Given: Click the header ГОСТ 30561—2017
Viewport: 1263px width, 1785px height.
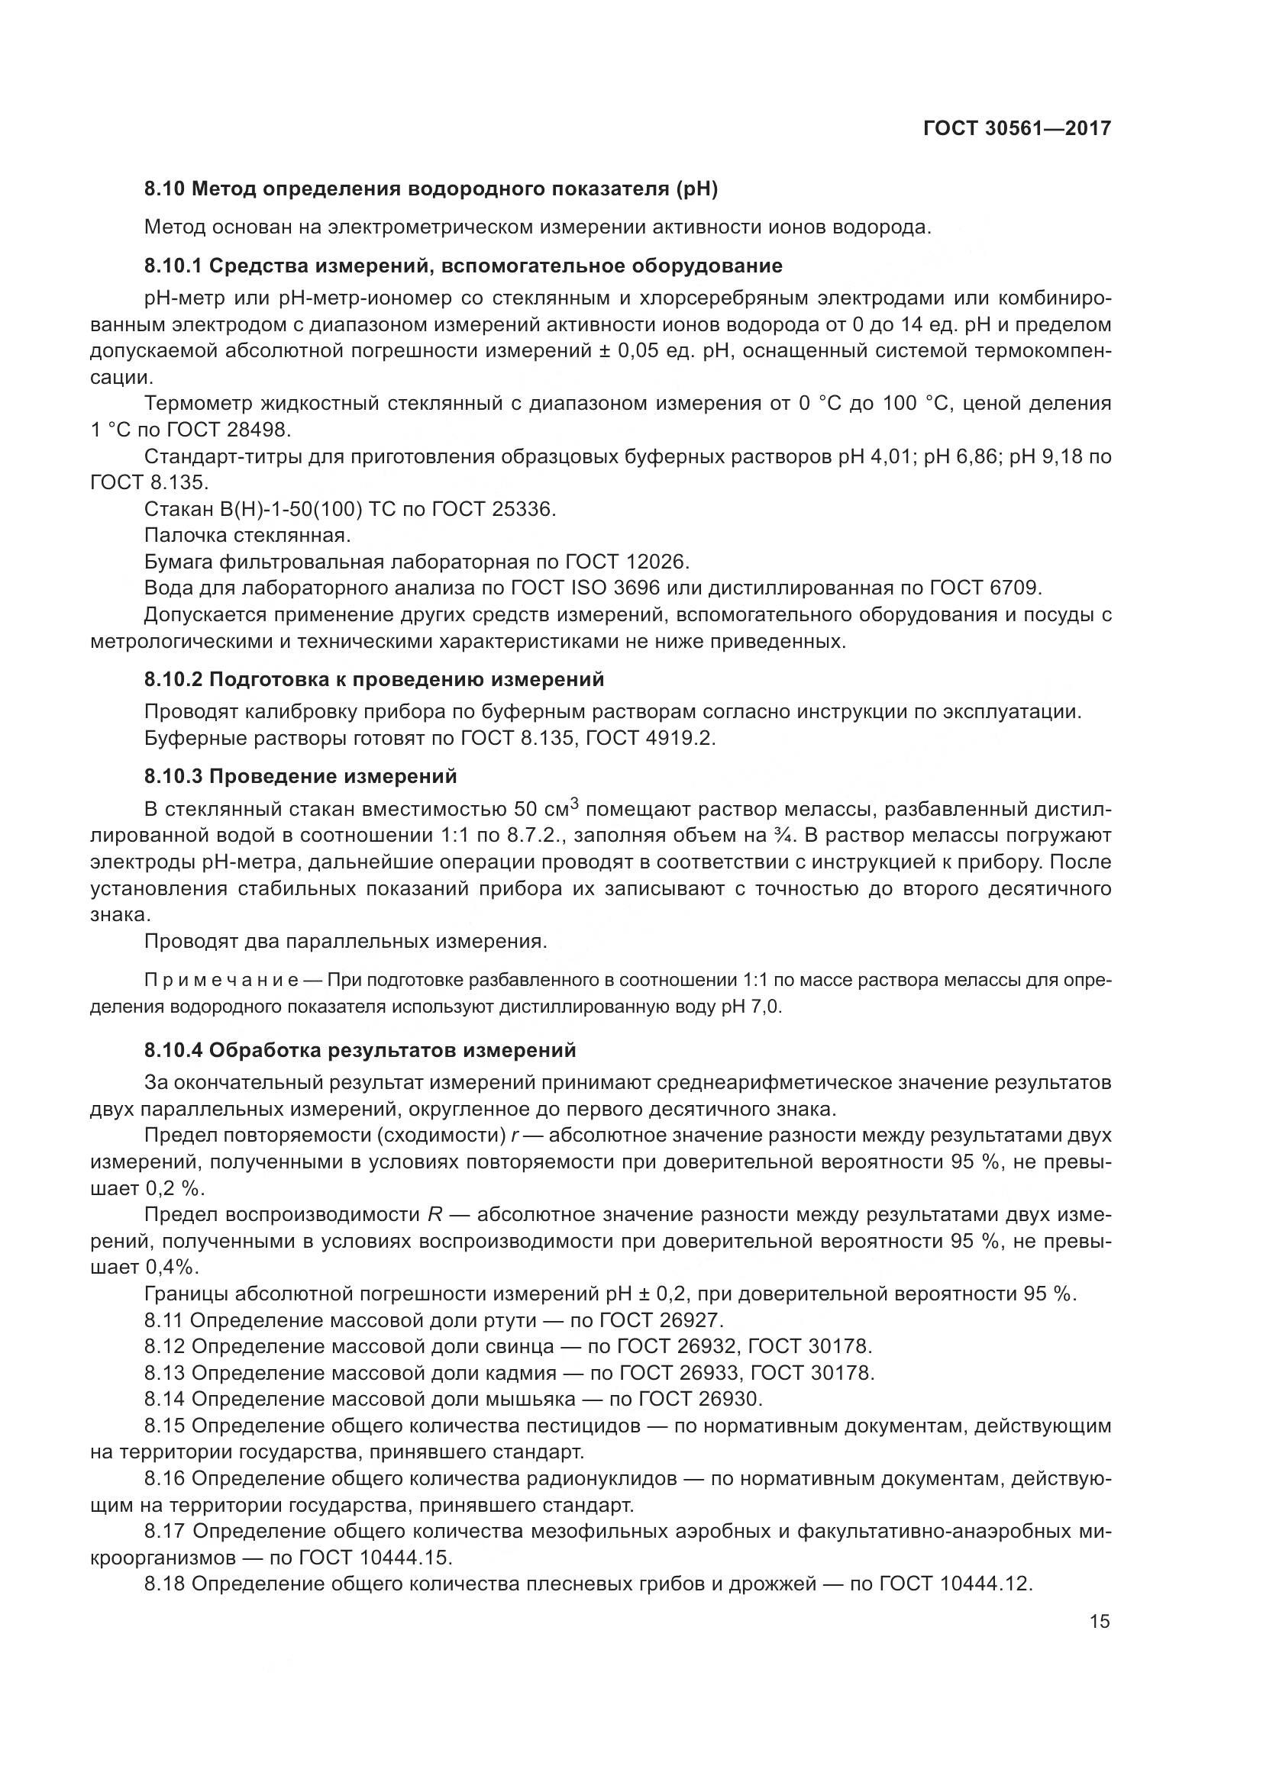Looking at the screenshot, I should coord(1016,127).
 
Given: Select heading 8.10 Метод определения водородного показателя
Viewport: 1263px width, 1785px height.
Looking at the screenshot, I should coord(431,188).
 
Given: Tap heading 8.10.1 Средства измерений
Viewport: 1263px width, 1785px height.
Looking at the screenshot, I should coord(464,266).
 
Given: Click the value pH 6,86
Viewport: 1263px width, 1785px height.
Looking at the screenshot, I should coord(960,456).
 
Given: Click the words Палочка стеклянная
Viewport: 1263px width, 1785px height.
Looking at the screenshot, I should coord(247,536).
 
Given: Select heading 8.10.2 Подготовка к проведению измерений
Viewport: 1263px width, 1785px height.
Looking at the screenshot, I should coord(374,679).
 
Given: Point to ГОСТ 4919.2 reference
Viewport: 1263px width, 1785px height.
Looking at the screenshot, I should coord(649,738).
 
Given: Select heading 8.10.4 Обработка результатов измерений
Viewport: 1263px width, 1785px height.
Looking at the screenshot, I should coord(360,1050).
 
